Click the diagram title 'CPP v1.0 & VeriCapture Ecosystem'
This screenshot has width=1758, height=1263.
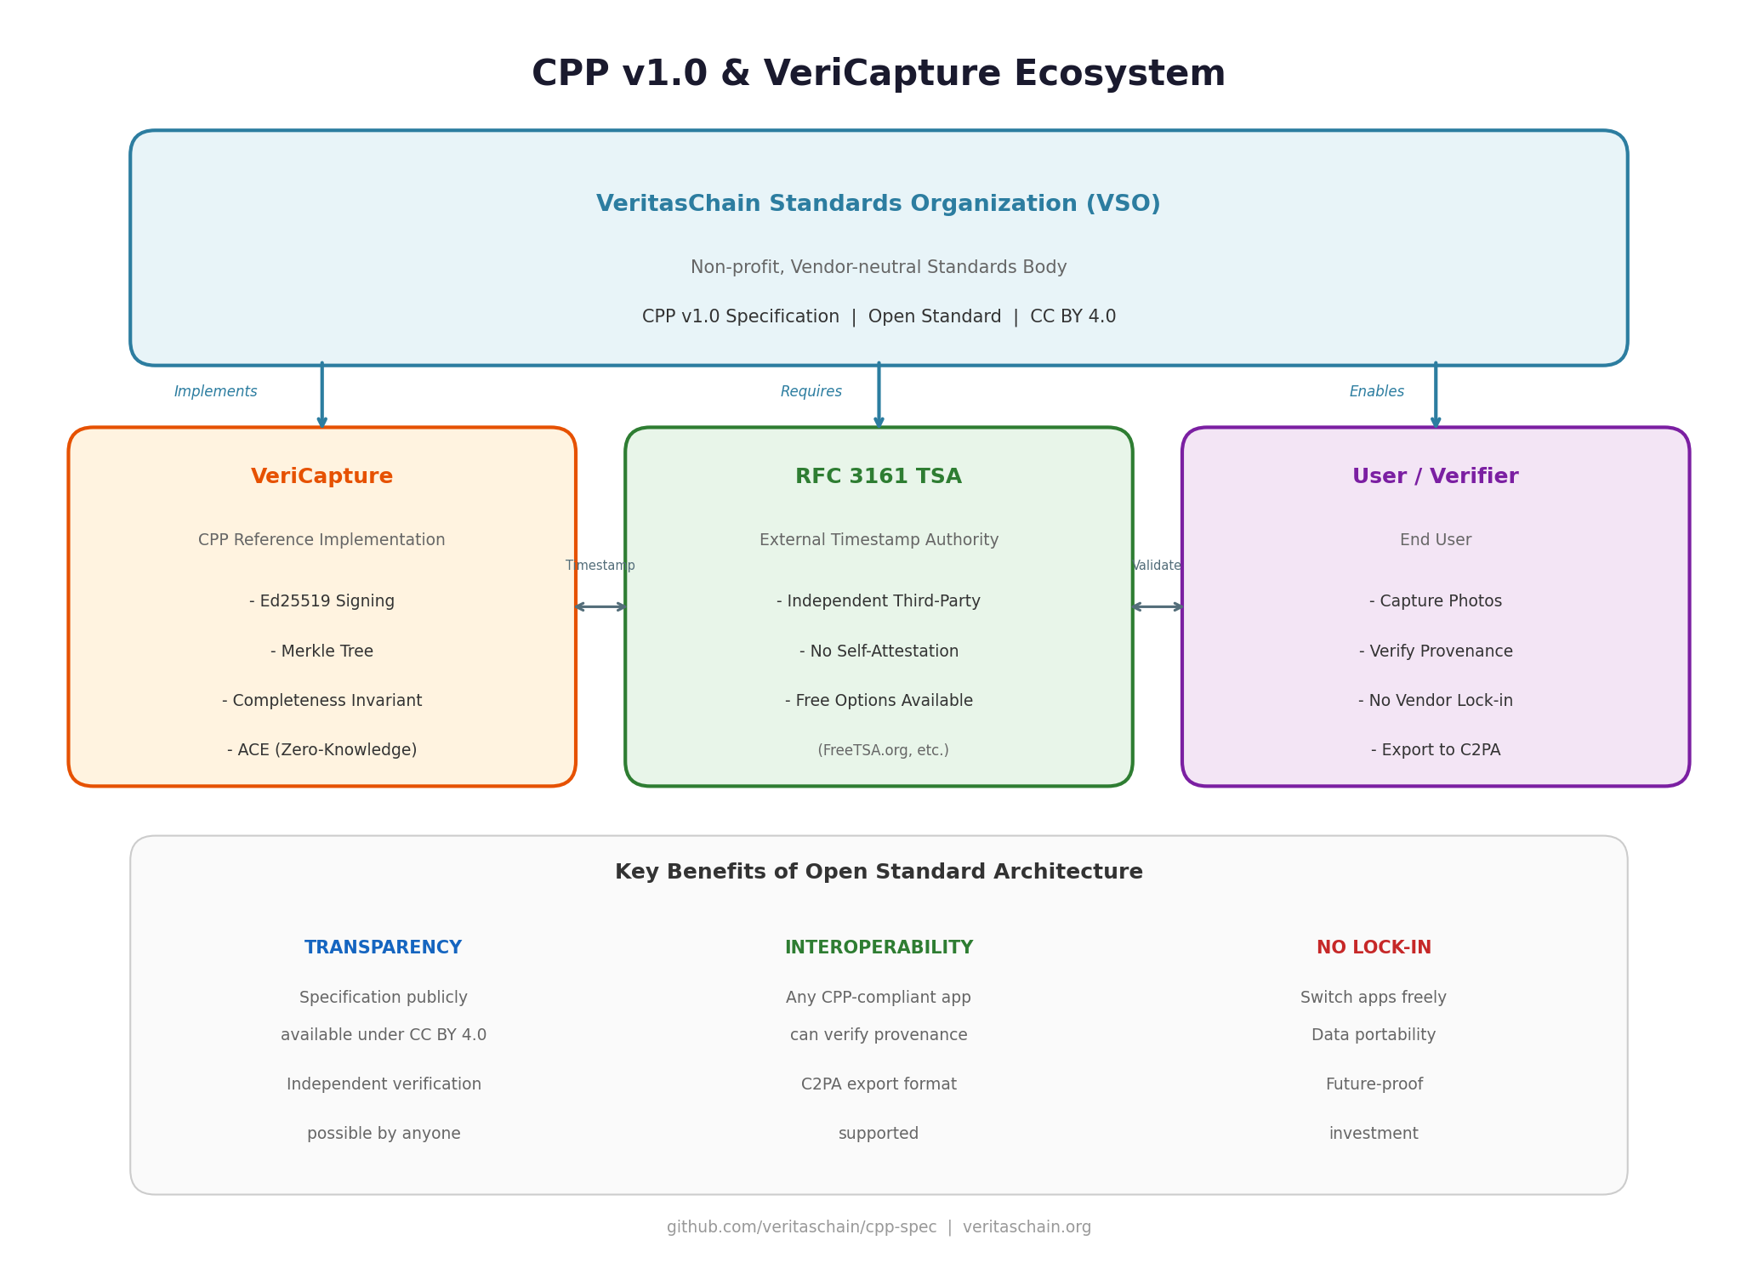pyautogui.click(x=878, y=74)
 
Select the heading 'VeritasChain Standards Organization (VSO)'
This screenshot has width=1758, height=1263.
pyautogui.click(x=878, y=204)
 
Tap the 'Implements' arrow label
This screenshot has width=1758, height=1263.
pyautogui.click(x=215, y=392)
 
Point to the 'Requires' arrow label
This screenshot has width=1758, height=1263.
pyautogui.click(x=811, y=392)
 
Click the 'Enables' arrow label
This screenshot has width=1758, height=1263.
pyautogui.click(x=1376, y=392)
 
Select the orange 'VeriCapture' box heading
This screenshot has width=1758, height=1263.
pyautogui.click(x=321, y=477)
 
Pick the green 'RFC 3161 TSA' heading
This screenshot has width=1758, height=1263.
pyautogui.click(x=878, y=477)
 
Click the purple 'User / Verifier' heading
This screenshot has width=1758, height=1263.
pyautogui.click(x=1435, y=477)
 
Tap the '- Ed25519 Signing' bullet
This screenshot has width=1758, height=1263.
pyautogui.click(x=321, y=601)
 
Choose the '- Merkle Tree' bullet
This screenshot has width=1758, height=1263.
pyautogui.click(x=321, y=651)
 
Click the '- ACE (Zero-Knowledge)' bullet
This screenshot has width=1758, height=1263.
pyautogui.click(x=321, y=750)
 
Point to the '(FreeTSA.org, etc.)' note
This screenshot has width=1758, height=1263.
pyautogui.click(x=883, y=750)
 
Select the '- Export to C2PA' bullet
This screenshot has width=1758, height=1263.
pyautogui.click(x=1435, y=750)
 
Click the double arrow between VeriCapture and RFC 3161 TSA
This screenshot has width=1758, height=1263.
pyautogui.click(x=600, y=606)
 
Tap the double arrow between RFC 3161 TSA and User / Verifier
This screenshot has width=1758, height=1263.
pyautogui.click(x=1157, y=606)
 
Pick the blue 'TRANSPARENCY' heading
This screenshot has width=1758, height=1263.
pyautogui.click(x=383, y=947)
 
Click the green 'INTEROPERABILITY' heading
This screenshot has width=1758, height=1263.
pyautogui.click(x=878, y=947)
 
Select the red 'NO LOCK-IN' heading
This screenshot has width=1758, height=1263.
pyautogui.click(x=1374, y=947)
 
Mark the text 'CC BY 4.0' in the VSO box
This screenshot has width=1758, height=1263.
pyautogui.click(x=1072, y=317)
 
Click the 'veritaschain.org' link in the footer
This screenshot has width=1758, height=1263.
pyautogui.click(x=1027, y=1227)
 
